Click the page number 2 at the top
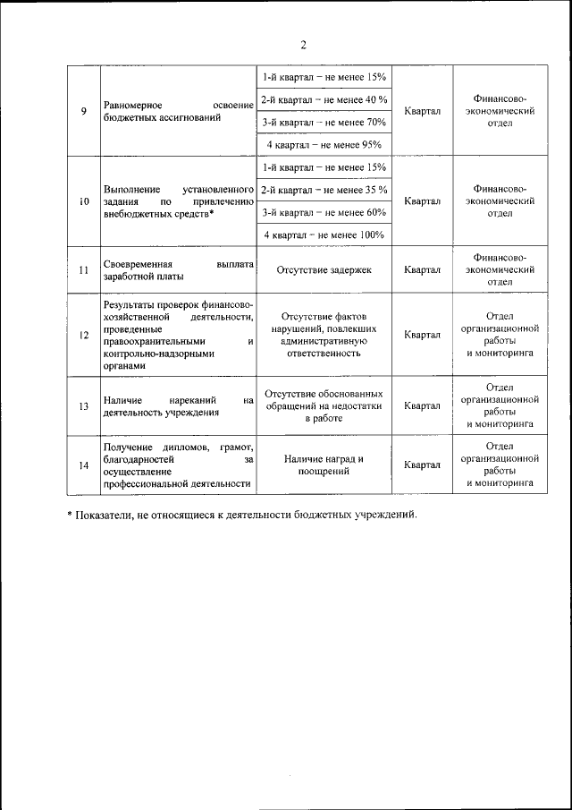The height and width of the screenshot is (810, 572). pos(303,45)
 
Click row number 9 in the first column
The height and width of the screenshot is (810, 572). pos(83,111)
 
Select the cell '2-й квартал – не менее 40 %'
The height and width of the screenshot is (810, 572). pos(324,99)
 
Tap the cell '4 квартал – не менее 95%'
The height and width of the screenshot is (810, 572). pos(324,144)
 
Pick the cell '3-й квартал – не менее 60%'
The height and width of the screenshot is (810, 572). pos(324,212)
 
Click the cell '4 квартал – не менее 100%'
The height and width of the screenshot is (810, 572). pos(324,234)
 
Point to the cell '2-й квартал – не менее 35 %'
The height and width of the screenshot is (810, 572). pos(324,190)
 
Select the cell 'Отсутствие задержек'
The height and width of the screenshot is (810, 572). pos(324,269)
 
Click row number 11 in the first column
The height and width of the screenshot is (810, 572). pos(83,269)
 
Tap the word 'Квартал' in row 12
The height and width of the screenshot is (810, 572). pos(422,335)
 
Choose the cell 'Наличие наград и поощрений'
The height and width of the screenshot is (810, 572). pos(324,465)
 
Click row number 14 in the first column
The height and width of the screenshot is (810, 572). pos(83,465)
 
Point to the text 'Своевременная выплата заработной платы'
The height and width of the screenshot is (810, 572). pos(179,270)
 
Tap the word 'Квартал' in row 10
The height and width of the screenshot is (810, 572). pos(422,201)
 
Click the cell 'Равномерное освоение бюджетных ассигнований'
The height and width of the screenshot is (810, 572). pos(179,111)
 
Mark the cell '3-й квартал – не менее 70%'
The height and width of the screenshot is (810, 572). pos(324,122)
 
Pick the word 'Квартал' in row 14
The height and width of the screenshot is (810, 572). pos(422,465)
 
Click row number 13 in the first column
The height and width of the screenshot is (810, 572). pos(83,406)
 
